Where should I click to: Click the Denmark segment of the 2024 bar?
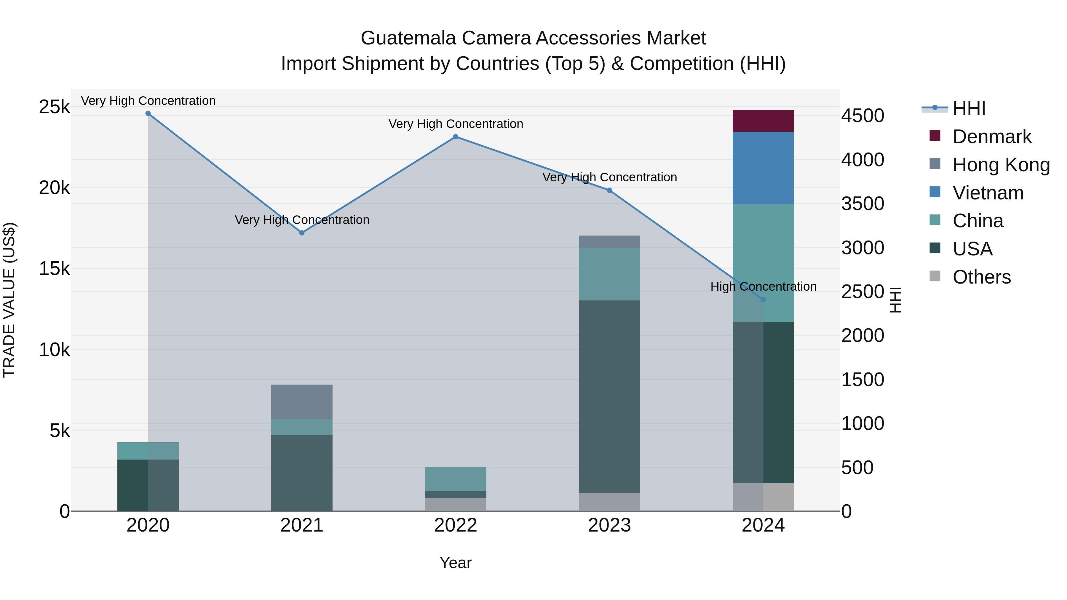763,121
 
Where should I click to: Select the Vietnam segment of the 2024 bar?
763,168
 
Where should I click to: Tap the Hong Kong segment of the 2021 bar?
301,402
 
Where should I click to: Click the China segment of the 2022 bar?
455,479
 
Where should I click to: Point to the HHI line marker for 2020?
148,113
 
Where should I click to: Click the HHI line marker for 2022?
455,137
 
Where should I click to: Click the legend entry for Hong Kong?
1001,165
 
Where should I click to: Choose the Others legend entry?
981,277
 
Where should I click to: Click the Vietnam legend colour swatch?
935,192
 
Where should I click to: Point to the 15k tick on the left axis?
55,269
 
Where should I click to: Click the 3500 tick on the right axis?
862,204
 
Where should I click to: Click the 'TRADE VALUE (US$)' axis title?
9,300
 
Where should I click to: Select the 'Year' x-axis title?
455,563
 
